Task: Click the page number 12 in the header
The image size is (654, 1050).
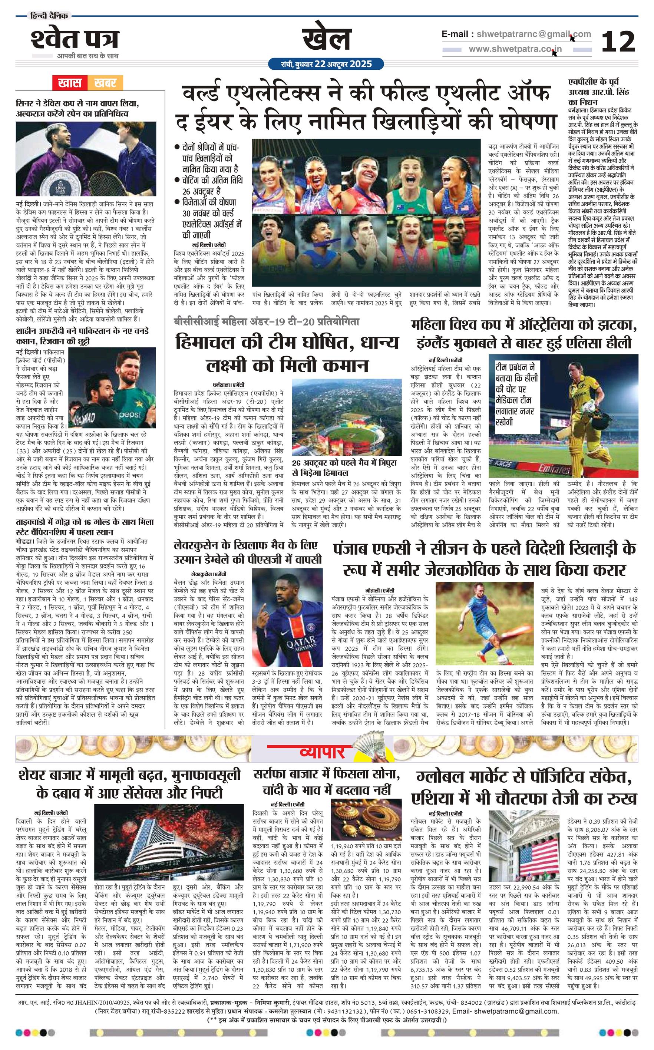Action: (x=618, y=42)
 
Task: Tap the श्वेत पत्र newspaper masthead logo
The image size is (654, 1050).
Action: (x=75, y=39)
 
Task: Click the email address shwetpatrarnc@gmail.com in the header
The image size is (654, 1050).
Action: (x=516, y=34)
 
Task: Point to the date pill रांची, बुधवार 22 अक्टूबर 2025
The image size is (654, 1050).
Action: (x=326, y=64)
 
